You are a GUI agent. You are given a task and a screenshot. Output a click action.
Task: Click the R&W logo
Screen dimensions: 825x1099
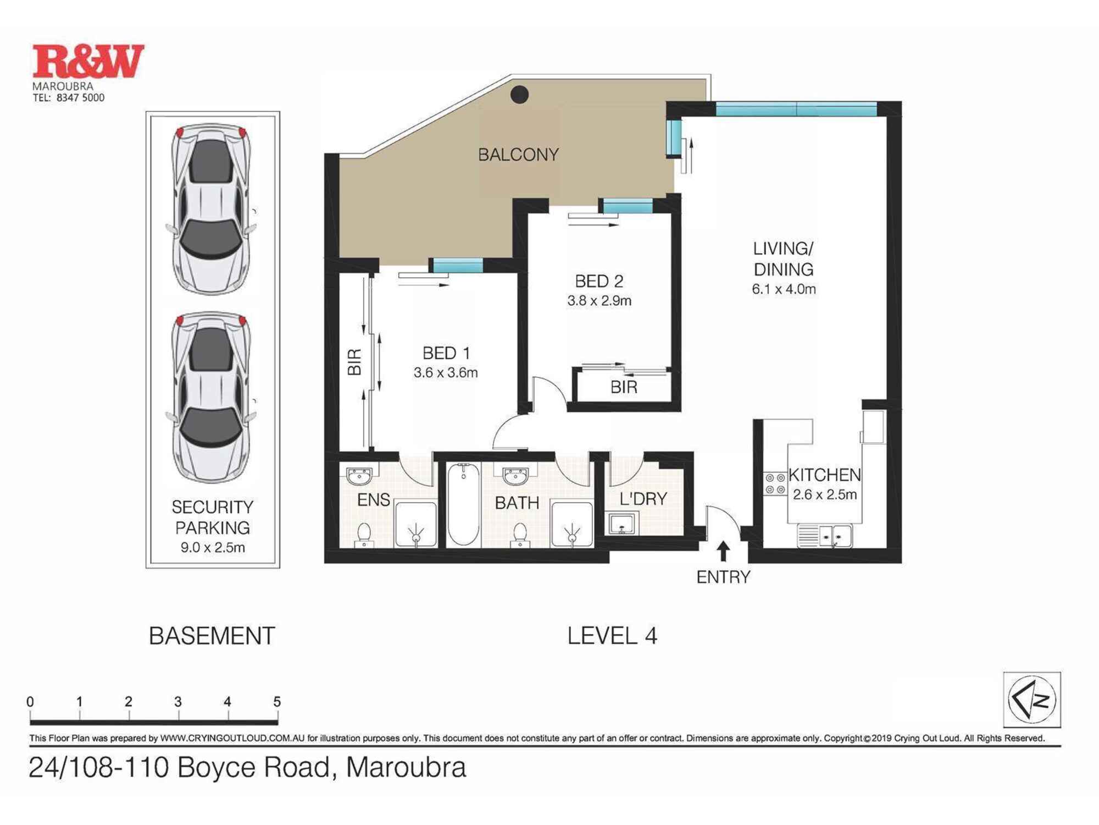88,61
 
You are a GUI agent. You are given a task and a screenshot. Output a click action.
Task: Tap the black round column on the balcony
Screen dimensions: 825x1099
519,95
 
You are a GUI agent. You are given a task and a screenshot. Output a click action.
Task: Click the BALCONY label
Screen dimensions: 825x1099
518,155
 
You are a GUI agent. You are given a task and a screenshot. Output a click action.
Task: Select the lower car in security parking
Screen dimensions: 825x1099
212,397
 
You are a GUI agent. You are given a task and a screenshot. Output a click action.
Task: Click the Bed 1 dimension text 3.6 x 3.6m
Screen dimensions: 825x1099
446,372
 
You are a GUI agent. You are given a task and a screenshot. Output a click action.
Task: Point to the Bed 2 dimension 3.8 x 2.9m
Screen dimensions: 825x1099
599,301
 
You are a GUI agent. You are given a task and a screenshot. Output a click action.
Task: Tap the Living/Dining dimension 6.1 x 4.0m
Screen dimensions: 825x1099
784,289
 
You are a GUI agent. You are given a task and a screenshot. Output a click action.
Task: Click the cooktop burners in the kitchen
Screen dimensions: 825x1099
775,483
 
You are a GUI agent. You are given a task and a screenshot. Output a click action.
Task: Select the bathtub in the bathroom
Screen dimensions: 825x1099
463,504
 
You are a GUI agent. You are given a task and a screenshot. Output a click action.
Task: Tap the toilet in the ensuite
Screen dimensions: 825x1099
364,534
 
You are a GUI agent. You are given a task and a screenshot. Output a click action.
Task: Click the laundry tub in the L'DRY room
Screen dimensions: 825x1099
622,524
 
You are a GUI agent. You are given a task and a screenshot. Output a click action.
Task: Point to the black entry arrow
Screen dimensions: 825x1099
724,551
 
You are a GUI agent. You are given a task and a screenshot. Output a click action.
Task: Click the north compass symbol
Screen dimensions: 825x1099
1032,700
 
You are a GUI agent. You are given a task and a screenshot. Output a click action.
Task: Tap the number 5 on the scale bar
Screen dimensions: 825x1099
277,702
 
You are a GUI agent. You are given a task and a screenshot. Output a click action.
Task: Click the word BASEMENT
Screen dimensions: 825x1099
212,636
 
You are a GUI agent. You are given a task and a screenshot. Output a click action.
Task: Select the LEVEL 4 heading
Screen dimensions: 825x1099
612,636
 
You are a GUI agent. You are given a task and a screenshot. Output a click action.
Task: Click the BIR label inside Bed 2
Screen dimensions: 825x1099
624,387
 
